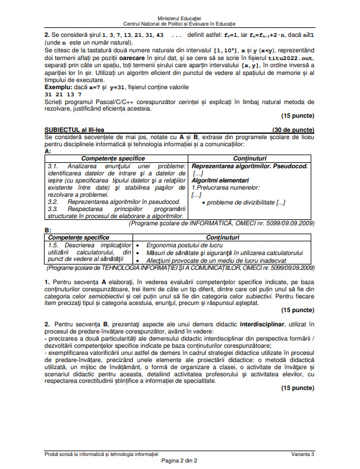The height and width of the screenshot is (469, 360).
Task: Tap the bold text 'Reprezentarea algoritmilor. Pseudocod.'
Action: [250, 166]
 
